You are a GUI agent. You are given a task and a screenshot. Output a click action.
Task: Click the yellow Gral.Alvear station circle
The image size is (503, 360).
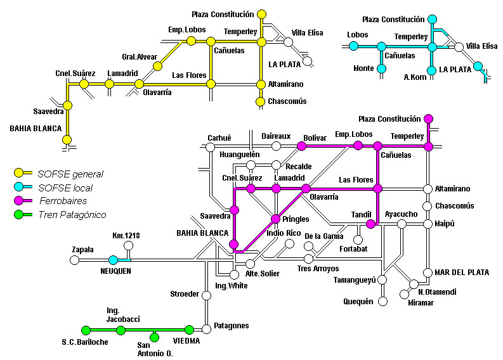click(x=157, y=67)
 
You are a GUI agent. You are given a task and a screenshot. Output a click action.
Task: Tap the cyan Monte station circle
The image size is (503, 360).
click(x=381, y=68)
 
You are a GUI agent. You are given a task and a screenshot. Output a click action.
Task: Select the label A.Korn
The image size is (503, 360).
click(x=415, y=77)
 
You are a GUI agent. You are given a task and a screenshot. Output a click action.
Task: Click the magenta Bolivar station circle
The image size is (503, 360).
click(x=301, y=146)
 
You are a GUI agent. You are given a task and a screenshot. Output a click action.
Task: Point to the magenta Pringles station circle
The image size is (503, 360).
click(x=275, y=219)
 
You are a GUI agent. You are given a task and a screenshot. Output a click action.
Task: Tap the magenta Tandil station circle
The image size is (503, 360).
click(x=370, y=224)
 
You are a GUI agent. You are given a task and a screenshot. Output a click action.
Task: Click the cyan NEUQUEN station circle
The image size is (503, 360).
click(x=114, y=260)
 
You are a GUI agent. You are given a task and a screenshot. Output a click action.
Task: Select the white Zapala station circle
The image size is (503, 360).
click(x=74, y=260)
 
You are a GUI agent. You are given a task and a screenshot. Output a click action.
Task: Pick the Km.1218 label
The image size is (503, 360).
click(x=126, y=236)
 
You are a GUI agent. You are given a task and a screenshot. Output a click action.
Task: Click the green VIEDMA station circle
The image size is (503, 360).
click(x=189, y=330)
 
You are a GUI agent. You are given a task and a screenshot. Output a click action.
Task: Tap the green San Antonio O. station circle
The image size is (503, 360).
click(x=155, y=337)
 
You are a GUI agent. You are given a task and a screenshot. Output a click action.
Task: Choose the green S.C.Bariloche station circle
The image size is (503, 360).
click(x=86, y=330)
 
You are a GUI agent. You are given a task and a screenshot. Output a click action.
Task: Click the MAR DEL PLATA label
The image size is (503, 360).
click(x=462, y=273)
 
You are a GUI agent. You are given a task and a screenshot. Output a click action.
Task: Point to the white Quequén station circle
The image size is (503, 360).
click(x=382, y=301)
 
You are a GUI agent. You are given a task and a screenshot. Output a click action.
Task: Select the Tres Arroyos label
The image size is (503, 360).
click(x=318, y=269)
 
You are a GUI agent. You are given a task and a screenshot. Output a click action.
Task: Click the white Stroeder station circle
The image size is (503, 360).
click(x=207, y=295)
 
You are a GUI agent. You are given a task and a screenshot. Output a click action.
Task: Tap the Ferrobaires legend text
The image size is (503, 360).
click(x=63, y=201)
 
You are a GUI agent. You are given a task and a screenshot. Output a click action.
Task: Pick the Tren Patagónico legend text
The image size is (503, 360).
click(x=72, y=215)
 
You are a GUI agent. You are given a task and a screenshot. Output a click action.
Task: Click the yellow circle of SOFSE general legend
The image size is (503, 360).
click(x=19, y=173)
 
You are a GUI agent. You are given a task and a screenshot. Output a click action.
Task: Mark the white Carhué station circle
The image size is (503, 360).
click(x=210, y=147)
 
